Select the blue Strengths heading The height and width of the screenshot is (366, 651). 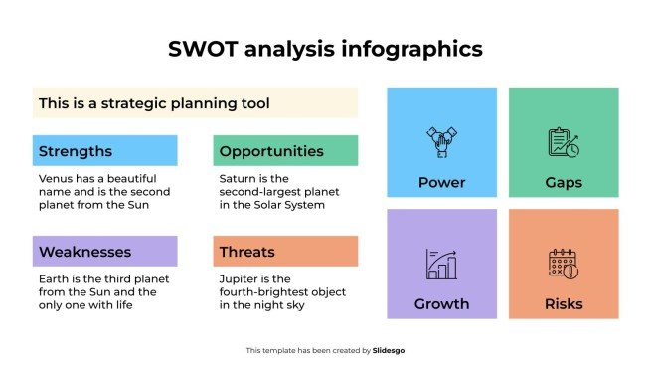point(76,152)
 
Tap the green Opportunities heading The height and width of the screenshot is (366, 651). point(271,152)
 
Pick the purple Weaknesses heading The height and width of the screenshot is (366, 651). point(84,252)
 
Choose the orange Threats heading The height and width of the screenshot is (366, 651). point(247,252)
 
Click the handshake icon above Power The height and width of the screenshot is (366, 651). point(441,142)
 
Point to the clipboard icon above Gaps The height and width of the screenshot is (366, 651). point(564,142)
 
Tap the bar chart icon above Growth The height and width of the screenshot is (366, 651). point(441,264)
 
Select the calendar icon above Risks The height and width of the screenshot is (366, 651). point(564,264)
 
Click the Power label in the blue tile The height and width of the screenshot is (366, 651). point(441,183)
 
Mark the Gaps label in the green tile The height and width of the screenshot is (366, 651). point(564,183)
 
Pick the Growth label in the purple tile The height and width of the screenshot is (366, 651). point(441,303)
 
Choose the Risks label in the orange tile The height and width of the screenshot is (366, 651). point(564,303)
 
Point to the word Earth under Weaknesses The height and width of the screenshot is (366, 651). point(54,278)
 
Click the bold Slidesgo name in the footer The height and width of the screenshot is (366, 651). point(389,350)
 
